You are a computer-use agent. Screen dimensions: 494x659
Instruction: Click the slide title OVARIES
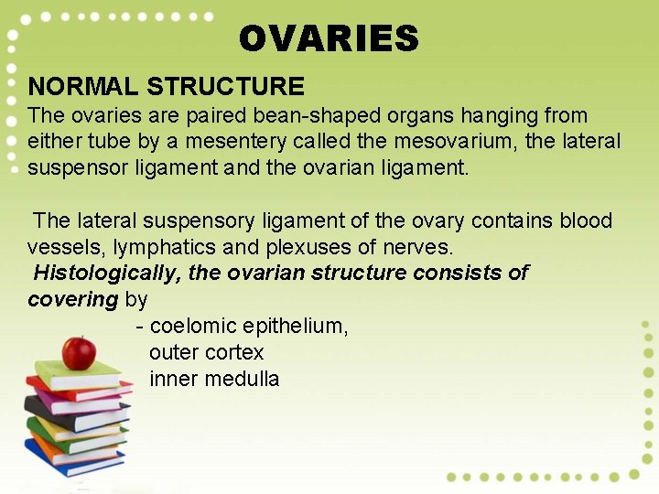tap(329, 38)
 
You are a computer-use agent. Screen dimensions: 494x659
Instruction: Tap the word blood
tap(586, 220)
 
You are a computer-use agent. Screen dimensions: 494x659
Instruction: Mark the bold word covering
tap(73, 299)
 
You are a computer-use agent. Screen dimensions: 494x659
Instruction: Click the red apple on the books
tap(79, 351)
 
